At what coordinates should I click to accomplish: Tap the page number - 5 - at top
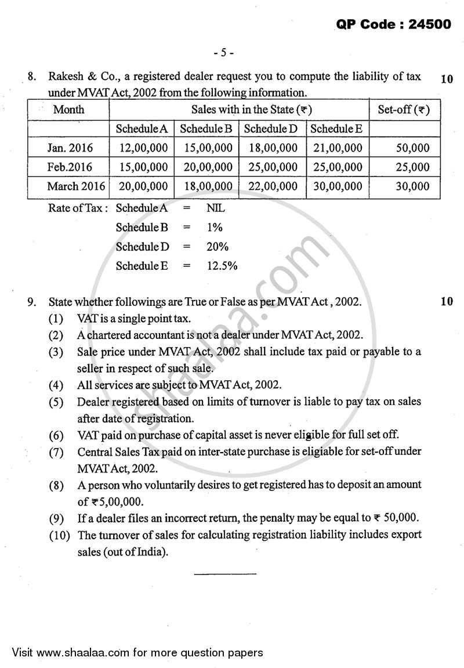[223, 53]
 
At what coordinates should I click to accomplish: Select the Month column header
[68, 110]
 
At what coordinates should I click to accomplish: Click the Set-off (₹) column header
[404, 109]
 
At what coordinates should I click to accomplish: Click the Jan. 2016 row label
[70, 148]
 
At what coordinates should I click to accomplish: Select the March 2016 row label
[76, 186]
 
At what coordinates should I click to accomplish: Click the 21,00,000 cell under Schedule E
[337, 148]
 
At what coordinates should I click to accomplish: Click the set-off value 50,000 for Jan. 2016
[412, 148]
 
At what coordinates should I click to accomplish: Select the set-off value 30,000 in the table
[412, 186]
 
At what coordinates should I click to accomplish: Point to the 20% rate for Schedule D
[217, 247]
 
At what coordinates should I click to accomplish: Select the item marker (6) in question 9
[56, 435]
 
